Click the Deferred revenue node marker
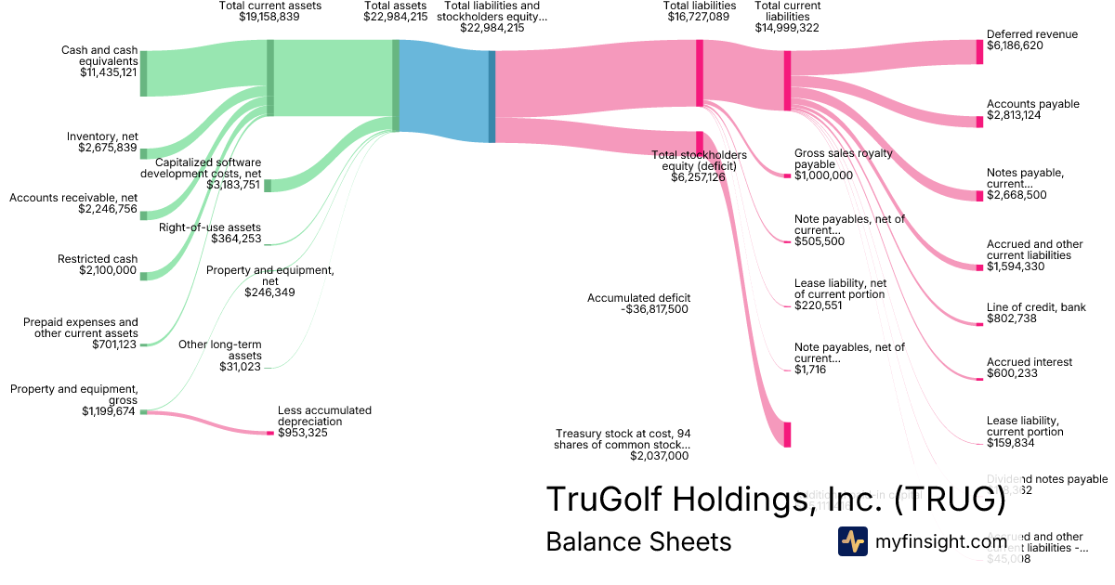[979, 52]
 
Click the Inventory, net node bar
[143, 153]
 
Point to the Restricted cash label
[98, 259]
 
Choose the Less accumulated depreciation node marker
[270, 433]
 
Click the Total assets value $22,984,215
[396, 17]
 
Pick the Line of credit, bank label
[1036, 307]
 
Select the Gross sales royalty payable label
[843, 158]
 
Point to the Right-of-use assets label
[210, 227]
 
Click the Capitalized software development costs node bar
[268, 186]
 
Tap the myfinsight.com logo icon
[853, 541]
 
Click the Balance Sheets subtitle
[638, 541]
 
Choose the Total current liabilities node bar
[787, 81]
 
